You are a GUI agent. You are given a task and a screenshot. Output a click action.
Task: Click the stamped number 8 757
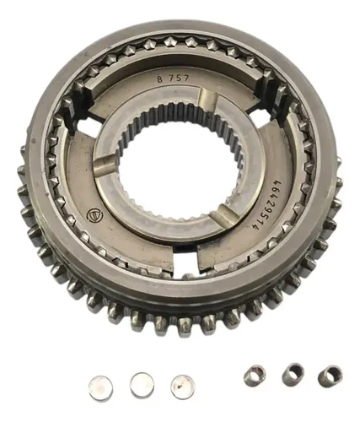[173, 78]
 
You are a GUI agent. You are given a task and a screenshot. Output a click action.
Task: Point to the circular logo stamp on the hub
[94, 214]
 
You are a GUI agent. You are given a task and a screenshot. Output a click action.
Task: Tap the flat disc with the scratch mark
[182, 387]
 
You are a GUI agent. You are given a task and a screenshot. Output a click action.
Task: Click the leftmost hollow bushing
[255, 376]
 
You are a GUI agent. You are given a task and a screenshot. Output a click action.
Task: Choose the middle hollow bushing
[293, 374]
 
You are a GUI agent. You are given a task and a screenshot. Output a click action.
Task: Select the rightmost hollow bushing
[330, 376]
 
